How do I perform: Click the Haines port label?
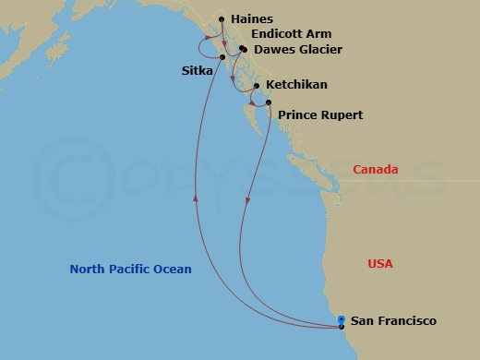(252, 18)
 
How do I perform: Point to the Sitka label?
(196, 69)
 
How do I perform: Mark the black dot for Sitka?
(222, 59)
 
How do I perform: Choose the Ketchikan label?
(295, 84)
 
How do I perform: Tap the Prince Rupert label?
(320, 114)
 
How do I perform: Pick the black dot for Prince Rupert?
(269, 103)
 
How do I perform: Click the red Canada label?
(376, 170)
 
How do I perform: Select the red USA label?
(380, 264)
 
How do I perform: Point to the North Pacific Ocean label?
(131, 270)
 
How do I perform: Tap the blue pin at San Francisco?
(342, 318)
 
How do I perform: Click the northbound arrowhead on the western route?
(196, 196)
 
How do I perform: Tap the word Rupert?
(341, 114)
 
